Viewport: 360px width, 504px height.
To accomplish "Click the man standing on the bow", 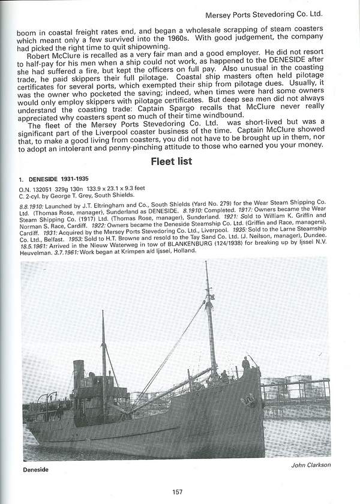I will click(245, 364).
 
